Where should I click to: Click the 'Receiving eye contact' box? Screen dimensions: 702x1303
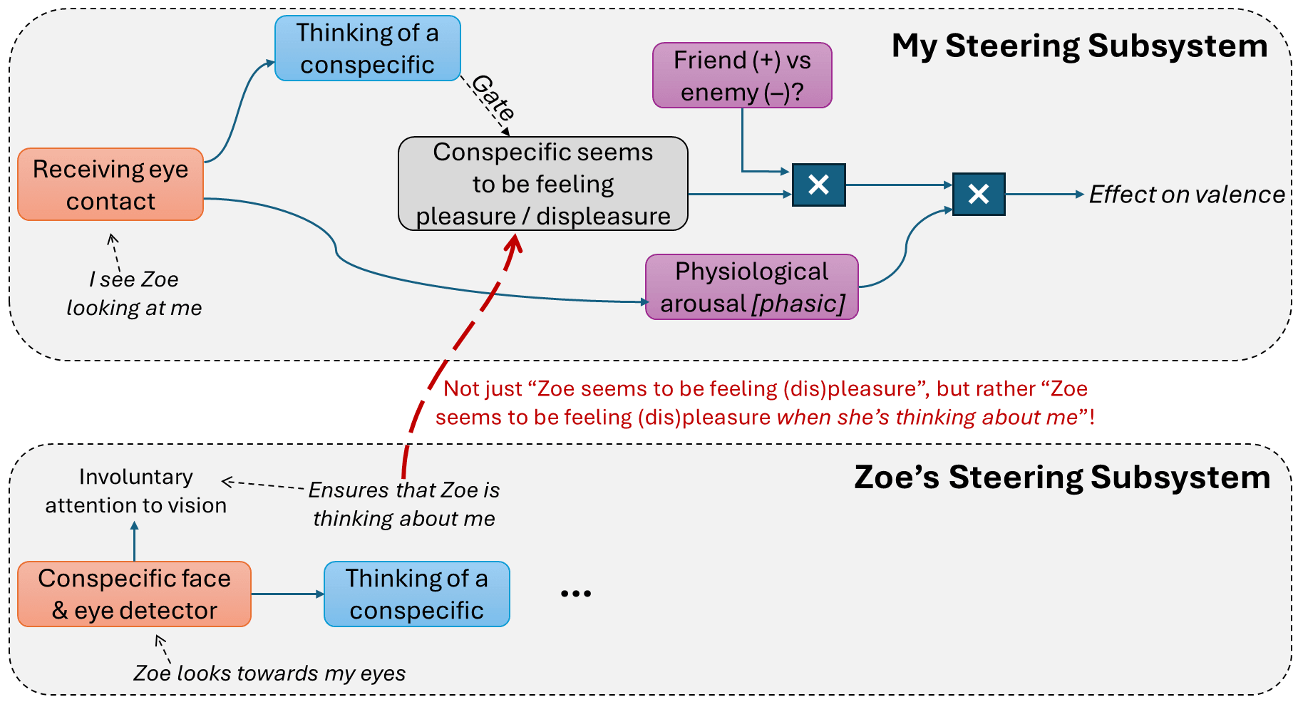click(x=110, y=185)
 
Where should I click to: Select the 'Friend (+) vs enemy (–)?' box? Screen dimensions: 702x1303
click(x=742, y=76)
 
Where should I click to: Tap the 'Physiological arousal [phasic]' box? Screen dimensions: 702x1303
click(x=751, y=287)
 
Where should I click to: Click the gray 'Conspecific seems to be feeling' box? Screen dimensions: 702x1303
click(x=542, y=184)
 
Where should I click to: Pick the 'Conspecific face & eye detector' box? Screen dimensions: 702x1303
click(x=134, y=594)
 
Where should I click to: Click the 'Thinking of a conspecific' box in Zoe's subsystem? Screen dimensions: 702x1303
click(x=416, y=594)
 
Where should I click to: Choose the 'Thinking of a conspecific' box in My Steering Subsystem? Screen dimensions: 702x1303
click(x=367, y=48)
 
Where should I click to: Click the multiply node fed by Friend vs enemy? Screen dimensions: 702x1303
click(x=818, y=185)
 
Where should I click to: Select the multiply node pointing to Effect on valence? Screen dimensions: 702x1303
click(x=978, y=194)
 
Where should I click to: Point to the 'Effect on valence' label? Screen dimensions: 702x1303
click(x=1186, y=195)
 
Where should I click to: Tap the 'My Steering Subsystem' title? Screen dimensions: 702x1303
click(x=1079, y=46)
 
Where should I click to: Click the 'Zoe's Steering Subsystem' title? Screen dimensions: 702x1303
click(x=1061, y=478)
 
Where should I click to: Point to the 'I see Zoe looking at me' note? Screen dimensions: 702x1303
click(x=134, y=293)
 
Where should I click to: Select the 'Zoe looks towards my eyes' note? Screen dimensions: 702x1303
click(x=269, y=673)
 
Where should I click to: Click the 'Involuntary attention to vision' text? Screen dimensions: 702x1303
click(x=135, y=490)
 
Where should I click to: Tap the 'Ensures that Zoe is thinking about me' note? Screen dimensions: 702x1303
click(x=404, y=504)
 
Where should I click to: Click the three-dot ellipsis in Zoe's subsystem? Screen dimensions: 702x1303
click(x=575, y=594)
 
